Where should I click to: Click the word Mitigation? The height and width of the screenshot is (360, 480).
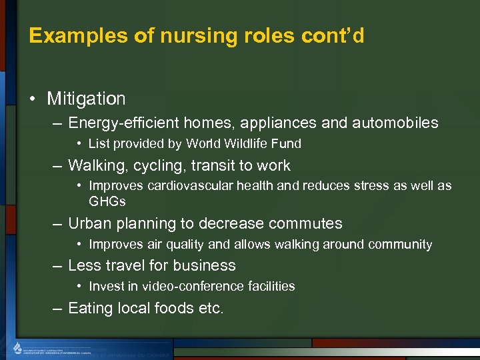[86, 99]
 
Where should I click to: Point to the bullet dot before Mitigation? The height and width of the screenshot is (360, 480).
[33, 99]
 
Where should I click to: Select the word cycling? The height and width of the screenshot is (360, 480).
[155, 165]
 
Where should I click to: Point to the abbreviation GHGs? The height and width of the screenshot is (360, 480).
[107, 201]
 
